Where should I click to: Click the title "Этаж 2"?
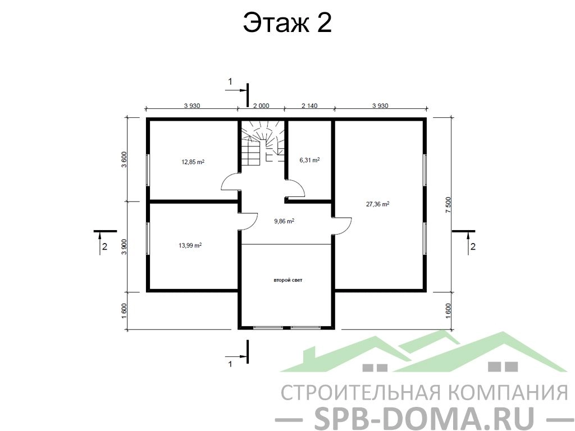287,22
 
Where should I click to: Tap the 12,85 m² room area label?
193,161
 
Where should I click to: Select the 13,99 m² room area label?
190,245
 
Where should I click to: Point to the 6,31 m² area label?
309,160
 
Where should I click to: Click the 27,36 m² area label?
378,204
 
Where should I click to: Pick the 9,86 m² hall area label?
284,221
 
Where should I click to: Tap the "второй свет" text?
288,280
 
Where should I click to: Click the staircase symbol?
263,144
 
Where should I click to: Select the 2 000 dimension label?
261,106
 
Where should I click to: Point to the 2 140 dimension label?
309,106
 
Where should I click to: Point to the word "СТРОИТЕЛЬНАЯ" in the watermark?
360,392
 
